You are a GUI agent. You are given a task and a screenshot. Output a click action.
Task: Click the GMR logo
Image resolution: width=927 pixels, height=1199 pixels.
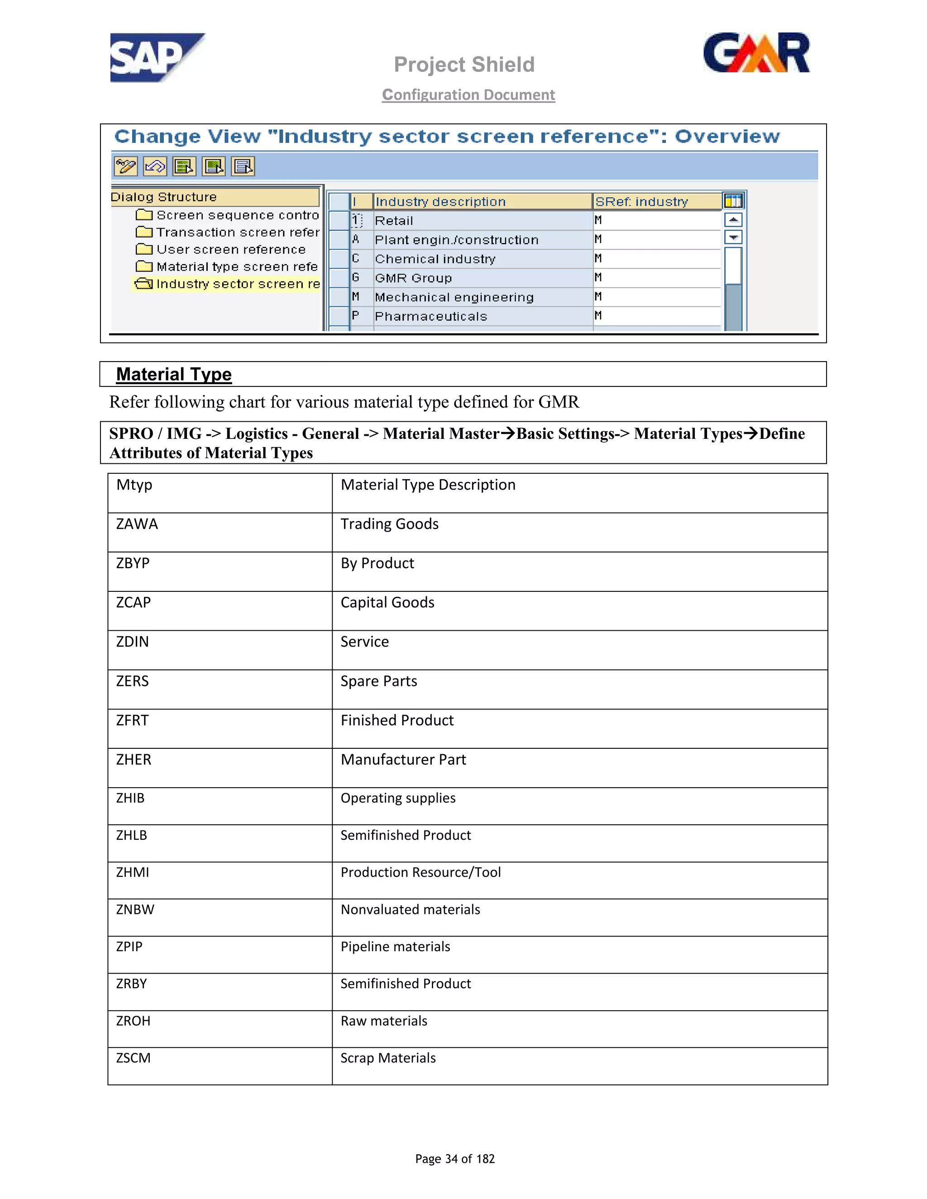(x=756, y=53)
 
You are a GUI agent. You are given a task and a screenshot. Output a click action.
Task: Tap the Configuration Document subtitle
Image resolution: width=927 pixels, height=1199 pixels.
(x=468, y=95)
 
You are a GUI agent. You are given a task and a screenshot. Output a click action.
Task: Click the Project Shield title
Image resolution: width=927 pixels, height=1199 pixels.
(x=464, y=65)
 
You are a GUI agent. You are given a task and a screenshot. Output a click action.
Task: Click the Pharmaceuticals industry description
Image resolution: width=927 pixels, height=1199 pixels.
(x=430, y=316)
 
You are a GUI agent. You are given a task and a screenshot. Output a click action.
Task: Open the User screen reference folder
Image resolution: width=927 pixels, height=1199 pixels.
(x=231, y=249)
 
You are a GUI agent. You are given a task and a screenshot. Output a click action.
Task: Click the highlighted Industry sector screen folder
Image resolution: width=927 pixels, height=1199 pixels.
(x=237, y=284)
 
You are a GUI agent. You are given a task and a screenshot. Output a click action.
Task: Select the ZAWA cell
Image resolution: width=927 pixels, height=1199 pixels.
(x=137, y=524)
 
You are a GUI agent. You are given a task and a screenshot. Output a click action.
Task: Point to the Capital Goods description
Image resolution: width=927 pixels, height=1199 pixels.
(x=387, y=603)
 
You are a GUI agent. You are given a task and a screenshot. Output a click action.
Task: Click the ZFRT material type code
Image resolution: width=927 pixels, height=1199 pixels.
(x=132, y=720)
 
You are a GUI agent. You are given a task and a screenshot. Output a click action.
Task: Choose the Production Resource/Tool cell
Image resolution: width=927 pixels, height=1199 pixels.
(x=420, y=872)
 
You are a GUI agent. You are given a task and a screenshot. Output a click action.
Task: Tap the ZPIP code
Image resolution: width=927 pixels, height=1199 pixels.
(x=129, y=947)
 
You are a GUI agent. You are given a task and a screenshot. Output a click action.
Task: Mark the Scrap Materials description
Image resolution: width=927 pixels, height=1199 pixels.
(x=388, y=1058)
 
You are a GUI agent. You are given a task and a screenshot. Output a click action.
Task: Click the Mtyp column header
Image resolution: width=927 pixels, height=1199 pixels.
(x=134, y=485)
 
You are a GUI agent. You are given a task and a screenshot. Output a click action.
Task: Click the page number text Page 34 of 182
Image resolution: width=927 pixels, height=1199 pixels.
(x=455, y=1158)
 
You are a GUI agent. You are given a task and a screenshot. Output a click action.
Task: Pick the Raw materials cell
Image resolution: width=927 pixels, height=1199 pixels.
(x=384, y=1021)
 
